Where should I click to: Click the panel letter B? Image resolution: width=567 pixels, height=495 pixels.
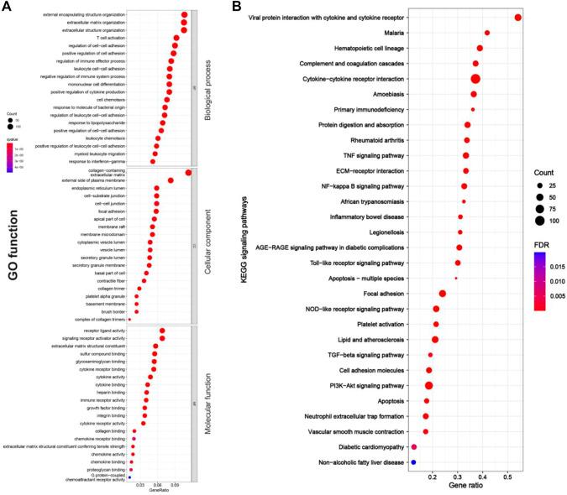(237, 7)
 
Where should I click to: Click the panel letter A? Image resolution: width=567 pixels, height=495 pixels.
(6, 7)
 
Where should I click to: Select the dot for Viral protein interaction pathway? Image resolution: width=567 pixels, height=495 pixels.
(518, 18)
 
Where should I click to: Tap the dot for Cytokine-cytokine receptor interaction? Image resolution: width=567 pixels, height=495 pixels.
(475, 79)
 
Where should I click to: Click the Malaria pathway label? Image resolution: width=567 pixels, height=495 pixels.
(397, 33)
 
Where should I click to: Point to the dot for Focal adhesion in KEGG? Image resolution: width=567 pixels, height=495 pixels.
(443, 294)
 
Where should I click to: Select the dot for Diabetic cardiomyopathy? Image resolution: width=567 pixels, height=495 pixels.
(414, 447)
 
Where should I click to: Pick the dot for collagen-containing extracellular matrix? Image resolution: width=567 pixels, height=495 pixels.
(188, 173)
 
